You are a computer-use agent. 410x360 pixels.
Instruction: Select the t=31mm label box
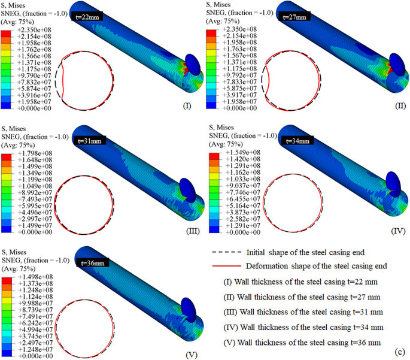point(90,140)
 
